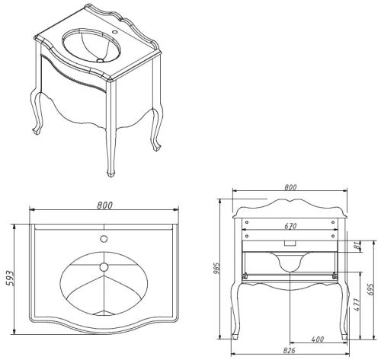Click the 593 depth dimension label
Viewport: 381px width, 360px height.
[x=10, y=279]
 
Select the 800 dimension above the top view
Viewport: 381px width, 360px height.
[x=104, y=205]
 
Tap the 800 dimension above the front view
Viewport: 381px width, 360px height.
[x=290, y=187]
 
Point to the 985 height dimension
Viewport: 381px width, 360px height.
[x=216, y=268]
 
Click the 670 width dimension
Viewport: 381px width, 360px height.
[x=290, y=226]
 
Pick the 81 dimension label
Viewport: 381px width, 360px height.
[x=357, y=246]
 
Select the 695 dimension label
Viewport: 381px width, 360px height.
[x=370, y=289]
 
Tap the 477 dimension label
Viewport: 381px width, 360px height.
[x=357, y=304]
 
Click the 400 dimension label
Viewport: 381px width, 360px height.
[x=317, y=339]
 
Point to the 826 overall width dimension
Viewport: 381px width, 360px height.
[x=290, y=351]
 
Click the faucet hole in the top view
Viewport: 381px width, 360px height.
[x=104, y=239]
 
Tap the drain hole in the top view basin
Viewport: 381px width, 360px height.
[x=104, y=267]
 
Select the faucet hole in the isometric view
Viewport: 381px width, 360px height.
[x=115, y=32]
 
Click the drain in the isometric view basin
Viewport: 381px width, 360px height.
[x=101, y=60]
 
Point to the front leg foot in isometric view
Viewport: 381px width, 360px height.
[x=110, y=174]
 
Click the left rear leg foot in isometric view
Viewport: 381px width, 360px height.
[x=37, y=132]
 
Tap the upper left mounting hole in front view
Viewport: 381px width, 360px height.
[x=247, y=222]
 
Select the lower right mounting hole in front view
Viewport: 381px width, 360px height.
[x=333, y=236]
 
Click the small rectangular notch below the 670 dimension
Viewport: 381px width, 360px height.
[x=290, y=244]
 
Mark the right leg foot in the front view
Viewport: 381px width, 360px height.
[x=344, y=337]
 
